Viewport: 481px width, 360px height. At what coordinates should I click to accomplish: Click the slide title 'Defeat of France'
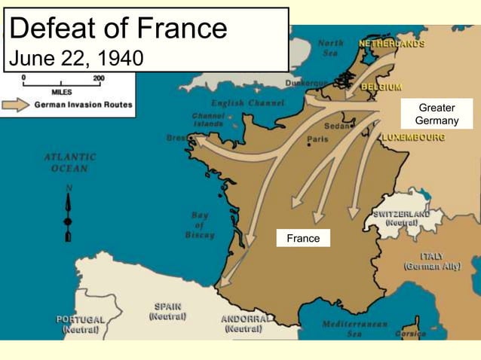[x=119, y=29]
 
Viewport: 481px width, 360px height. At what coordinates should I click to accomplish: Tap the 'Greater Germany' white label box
[x=437, y=114]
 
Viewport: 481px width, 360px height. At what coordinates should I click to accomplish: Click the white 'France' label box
[x=303, y=238]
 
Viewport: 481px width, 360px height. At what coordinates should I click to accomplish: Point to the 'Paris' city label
[x=317, y=139]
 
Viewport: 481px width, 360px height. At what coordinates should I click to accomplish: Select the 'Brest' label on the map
[x=177, y=138]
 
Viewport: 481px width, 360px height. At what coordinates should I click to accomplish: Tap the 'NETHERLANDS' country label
[x=391, y=44]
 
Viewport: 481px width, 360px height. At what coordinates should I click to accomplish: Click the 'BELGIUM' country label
[x=381, y=87]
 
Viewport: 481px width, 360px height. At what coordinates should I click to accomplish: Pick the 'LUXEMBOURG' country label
[x=413, y=138]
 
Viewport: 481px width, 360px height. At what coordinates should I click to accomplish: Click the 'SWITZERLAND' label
[x=401, y=214]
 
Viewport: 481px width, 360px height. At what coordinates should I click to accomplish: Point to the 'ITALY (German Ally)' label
[x=432, y=261]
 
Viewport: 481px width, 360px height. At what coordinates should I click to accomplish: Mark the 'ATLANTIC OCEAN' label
[x=70, y=163]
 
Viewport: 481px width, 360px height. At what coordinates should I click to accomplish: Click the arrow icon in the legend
[x=16, y=105]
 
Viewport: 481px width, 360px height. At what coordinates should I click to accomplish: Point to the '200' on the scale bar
[x=99, y=78]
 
